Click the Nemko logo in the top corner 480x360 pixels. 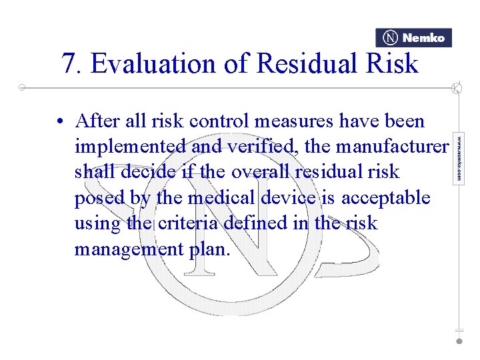coord(413,38)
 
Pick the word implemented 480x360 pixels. coord(130,147)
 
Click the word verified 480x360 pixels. coord(264,147)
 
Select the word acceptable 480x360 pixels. coord(386,198)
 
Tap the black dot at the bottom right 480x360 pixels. coord(459,341)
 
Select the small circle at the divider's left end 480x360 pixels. coord(22,87)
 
